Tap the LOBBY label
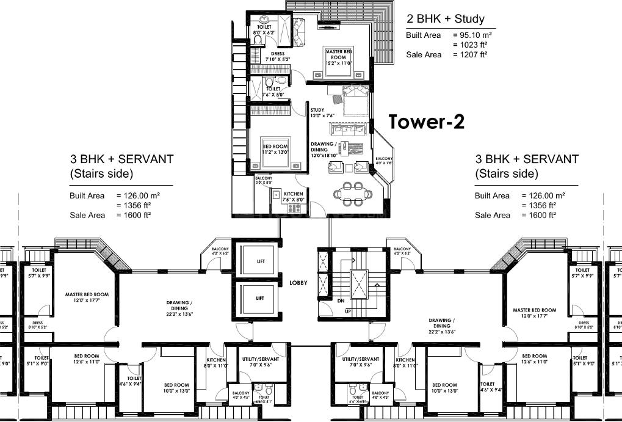point(298,283)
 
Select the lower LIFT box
point(260,298)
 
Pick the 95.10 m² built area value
point(472,35)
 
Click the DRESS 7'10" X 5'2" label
point(278,56)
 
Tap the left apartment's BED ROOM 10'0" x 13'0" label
point(177,387)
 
